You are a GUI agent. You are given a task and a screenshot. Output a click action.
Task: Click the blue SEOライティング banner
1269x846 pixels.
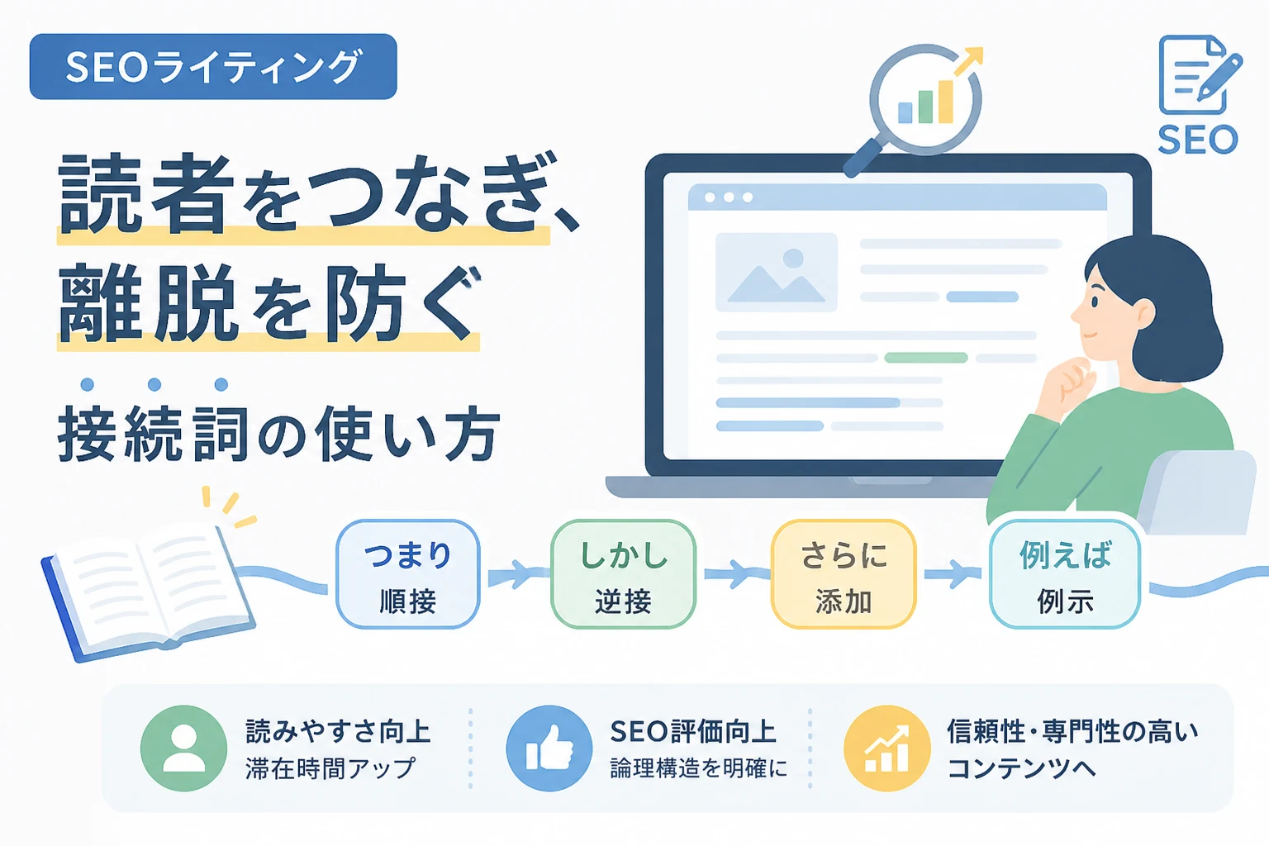pyautogui.click(x=213, y=66)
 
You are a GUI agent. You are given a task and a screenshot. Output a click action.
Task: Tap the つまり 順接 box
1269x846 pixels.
pyautogui.click(x=408, y=574)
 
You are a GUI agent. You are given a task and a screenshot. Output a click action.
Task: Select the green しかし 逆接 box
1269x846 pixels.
pyautogui.click(x=623, y=574)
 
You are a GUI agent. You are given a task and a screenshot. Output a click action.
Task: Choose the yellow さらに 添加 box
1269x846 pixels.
pyautogui.click(x=844, y=574)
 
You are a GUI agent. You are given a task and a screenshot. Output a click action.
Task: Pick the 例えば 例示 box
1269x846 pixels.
pyautogui.click(x=1064, y=574)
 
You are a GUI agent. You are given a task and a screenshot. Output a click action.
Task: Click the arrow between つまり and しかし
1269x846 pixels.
pyautogui.click(x=515, y=573)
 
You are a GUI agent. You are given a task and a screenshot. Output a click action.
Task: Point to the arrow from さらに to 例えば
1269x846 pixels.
pyautogui.click(x=953, y=573)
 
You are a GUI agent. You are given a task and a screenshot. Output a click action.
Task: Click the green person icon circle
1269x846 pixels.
pyautogui.click(x=183, y=748)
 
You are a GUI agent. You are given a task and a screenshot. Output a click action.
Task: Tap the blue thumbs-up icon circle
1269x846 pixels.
pyautogui.click(x=549, y=748)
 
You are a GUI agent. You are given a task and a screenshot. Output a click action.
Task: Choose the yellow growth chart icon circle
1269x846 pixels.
pyautogui.click(x=886, y=748)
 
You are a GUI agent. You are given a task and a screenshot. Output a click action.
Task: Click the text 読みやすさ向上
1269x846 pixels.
pyautogui.click(x=338, y=731)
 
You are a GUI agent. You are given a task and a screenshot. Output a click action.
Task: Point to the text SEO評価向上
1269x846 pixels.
pyautogui.click(x=693, y=731)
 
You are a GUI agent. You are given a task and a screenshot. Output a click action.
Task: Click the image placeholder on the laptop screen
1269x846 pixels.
pyautogui.click(x=776, y=272)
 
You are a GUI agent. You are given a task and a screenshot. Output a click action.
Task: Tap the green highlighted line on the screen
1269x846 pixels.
pyautogui.click(x=925, y=358)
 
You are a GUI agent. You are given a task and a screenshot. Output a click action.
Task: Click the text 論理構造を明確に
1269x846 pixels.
pyautogui.click(x=698, y=768)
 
